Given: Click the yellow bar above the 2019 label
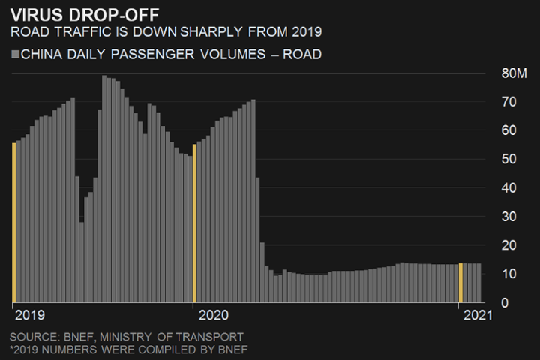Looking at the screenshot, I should pyautogui.click(x=13, y=222).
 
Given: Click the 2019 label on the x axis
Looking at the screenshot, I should pyautogui.click(x=30, y=315).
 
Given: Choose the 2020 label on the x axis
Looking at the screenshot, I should pyautogui.click(x=213, y=315).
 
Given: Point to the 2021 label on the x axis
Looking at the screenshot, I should pyautogui.click(x=478, y=315).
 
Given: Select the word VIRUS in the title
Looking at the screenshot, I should pyautogui.click(x=34, y=15).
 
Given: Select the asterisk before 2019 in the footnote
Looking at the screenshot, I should pyautogui.click(x=12, y=348).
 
